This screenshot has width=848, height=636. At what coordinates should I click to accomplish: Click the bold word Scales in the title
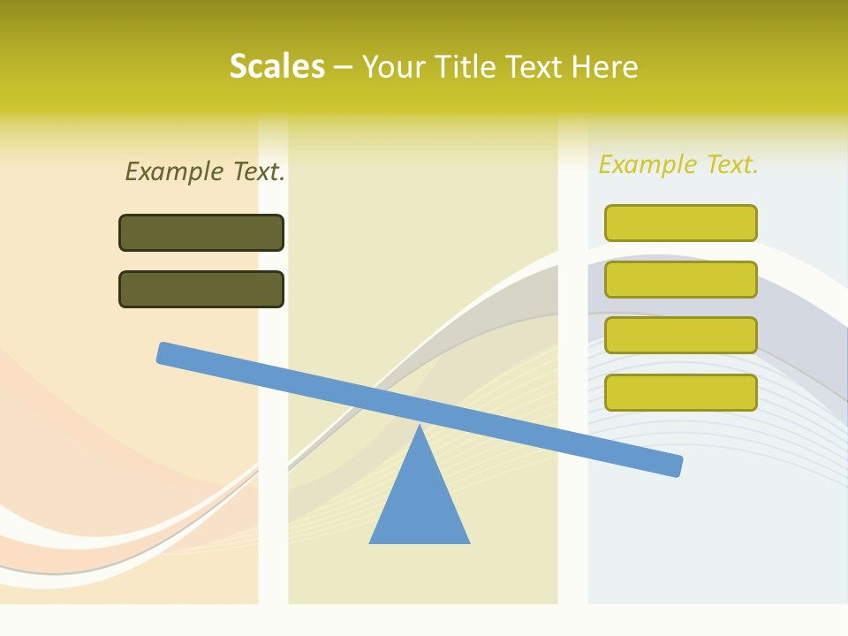[276, 66]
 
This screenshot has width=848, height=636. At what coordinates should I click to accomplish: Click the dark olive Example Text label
[205, 171]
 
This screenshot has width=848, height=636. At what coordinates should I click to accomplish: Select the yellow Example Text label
[678, 164]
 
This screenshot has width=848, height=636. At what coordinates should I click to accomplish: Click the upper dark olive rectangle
[201, 233]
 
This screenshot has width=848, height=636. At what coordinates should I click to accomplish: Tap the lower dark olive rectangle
[201, 289]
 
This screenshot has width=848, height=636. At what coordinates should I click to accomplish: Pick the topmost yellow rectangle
[680, 223]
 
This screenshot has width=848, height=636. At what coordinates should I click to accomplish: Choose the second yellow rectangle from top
[680, 279]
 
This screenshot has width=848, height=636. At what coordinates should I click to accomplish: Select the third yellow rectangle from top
[680, 336]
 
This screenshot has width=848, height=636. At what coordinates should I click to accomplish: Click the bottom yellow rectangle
[680, 392]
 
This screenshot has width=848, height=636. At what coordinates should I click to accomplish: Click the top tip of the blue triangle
[420, 428]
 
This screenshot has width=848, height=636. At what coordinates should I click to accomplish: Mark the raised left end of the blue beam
[164, 352]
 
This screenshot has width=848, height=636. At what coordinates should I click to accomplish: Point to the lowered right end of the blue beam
[675, 466]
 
